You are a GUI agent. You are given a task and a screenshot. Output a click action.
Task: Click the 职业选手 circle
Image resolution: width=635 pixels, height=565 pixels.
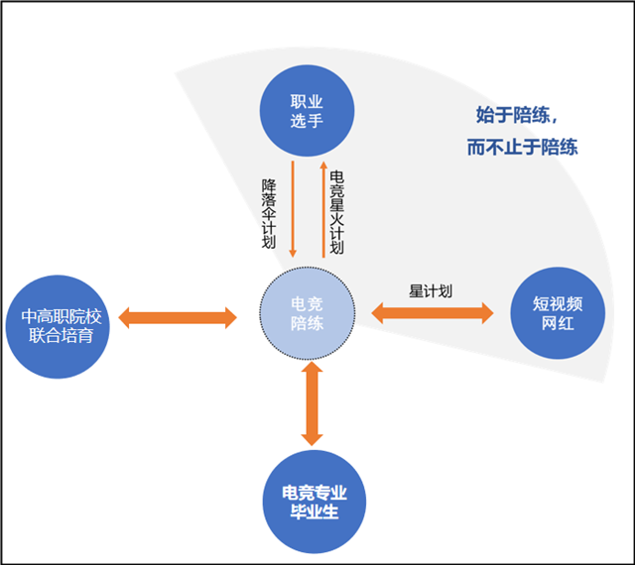[x=307, y=110]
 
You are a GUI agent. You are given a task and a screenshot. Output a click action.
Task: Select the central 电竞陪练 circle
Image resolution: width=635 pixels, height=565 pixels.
[x=307, y=313]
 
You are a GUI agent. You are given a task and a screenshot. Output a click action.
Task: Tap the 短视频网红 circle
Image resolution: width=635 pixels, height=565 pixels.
[x=558, y=313]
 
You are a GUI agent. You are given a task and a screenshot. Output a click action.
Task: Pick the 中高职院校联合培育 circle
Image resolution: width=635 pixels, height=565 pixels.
[x=58, y=327]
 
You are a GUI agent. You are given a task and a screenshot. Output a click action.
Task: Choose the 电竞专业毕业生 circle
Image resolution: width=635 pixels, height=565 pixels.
[x=315, y=502]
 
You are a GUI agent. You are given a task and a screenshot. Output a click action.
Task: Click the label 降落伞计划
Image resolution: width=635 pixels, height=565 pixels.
[x=269, y=214]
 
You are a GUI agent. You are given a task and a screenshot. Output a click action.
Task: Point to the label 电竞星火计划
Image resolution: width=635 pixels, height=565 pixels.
[x=337, y=212]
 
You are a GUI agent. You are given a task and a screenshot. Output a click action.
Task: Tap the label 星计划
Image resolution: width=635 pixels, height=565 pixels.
[x=430, y=291]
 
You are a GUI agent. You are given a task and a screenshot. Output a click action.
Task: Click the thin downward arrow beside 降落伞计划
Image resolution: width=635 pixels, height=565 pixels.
[x=293, y=209]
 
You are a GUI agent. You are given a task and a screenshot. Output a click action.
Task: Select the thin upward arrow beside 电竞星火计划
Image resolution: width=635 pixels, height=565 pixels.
[x=323, y=209]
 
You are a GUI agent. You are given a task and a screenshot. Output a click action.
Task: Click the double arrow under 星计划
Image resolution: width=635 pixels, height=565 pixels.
[x=433, y=313]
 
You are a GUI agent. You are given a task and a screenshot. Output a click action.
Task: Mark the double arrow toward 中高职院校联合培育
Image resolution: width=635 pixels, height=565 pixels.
[x=178, y=318]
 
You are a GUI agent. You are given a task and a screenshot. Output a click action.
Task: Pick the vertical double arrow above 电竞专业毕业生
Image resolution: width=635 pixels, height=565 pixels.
[x=312, y=403]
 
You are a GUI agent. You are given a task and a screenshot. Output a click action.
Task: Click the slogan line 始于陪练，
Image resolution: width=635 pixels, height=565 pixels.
[x=517, y=115]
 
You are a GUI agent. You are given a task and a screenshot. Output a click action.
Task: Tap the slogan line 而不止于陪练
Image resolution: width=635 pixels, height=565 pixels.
[x=523, y=147]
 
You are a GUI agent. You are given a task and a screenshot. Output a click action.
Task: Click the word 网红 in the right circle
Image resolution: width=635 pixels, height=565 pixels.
[x=558, y=323]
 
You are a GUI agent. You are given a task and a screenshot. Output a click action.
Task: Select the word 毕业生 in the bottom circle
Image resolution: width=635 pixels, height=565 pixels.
[x=315, y=511]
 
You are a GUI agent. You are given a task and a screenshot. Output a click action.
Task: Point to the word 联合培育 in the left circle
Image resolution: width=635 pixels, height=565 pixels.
[x=62, y=336]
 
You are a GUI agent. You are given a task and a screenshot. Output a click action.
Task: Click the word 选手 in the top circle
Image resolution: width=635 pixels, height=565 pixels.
[x=307, y=121]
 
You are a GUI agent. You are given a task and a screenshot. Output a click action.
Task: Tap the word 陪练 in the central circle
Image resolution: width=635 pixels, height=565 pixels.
[x=307, y=323]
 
